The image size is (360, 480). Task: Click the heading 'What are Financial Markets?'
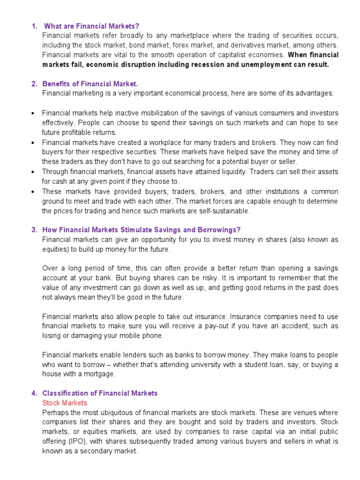point(91,26)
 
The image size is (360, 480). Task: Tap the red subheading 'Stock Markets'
point(65,403)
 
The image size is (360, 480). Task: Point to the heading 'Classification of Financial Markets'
point(100,393)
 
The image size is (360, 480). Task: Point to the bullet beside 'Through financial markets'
point(33,172)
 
